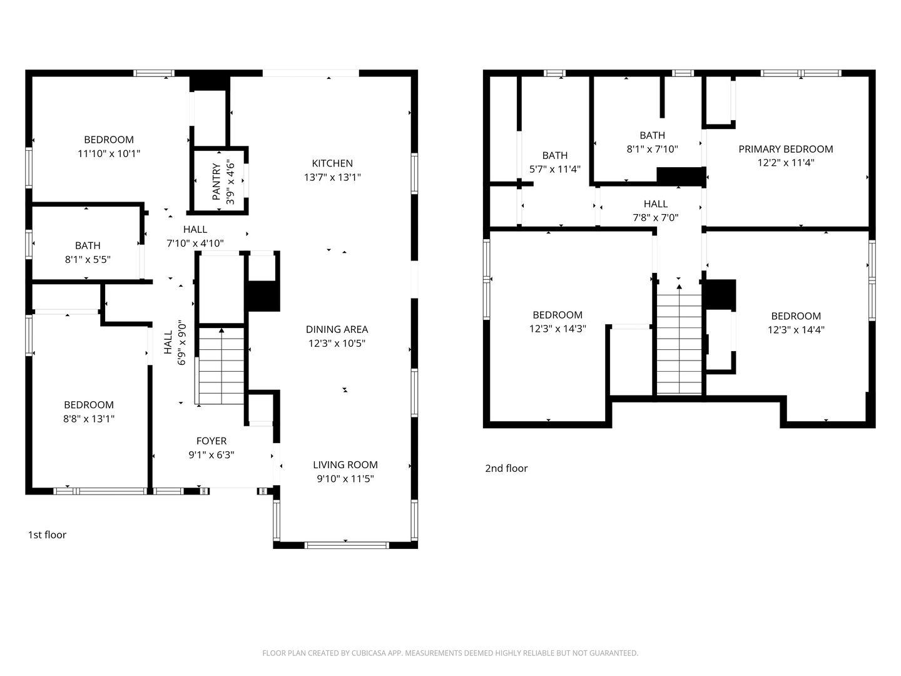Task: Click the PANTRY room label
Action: tap(216, 182)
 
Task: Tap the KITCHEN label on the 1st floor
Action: tap(332, 163)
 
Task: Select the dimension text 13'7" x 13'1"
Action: tap(332, 177)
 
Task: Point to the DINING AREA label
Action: tap(337, 329)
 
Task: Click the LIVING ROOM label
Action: tap(345, 464)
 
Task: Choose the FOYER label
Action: tap(211, 441)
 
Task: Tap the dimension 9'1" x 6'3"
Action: tap(211, 455)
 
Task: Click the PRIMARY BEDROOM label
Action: tap(786, 149)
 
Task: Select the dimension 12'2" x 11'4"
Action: tap(786, 163)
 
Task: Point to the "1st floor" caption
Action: tap(47, 535)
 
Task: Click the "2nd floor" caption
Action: tap(506, 468)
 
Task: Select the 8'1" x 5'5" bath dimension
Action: tap(88, 259)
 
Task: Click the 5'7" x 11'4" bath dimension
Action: tap(554, 169)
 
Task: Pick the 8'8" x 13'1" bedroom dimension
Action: tap(89, 419)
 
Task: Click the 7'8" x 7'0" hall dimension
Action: tap(656, 218)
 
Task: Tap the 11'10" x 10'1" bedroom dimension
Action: tap(109, 153)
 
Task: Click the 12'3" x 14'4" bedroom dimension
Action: tap(796, 330)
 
